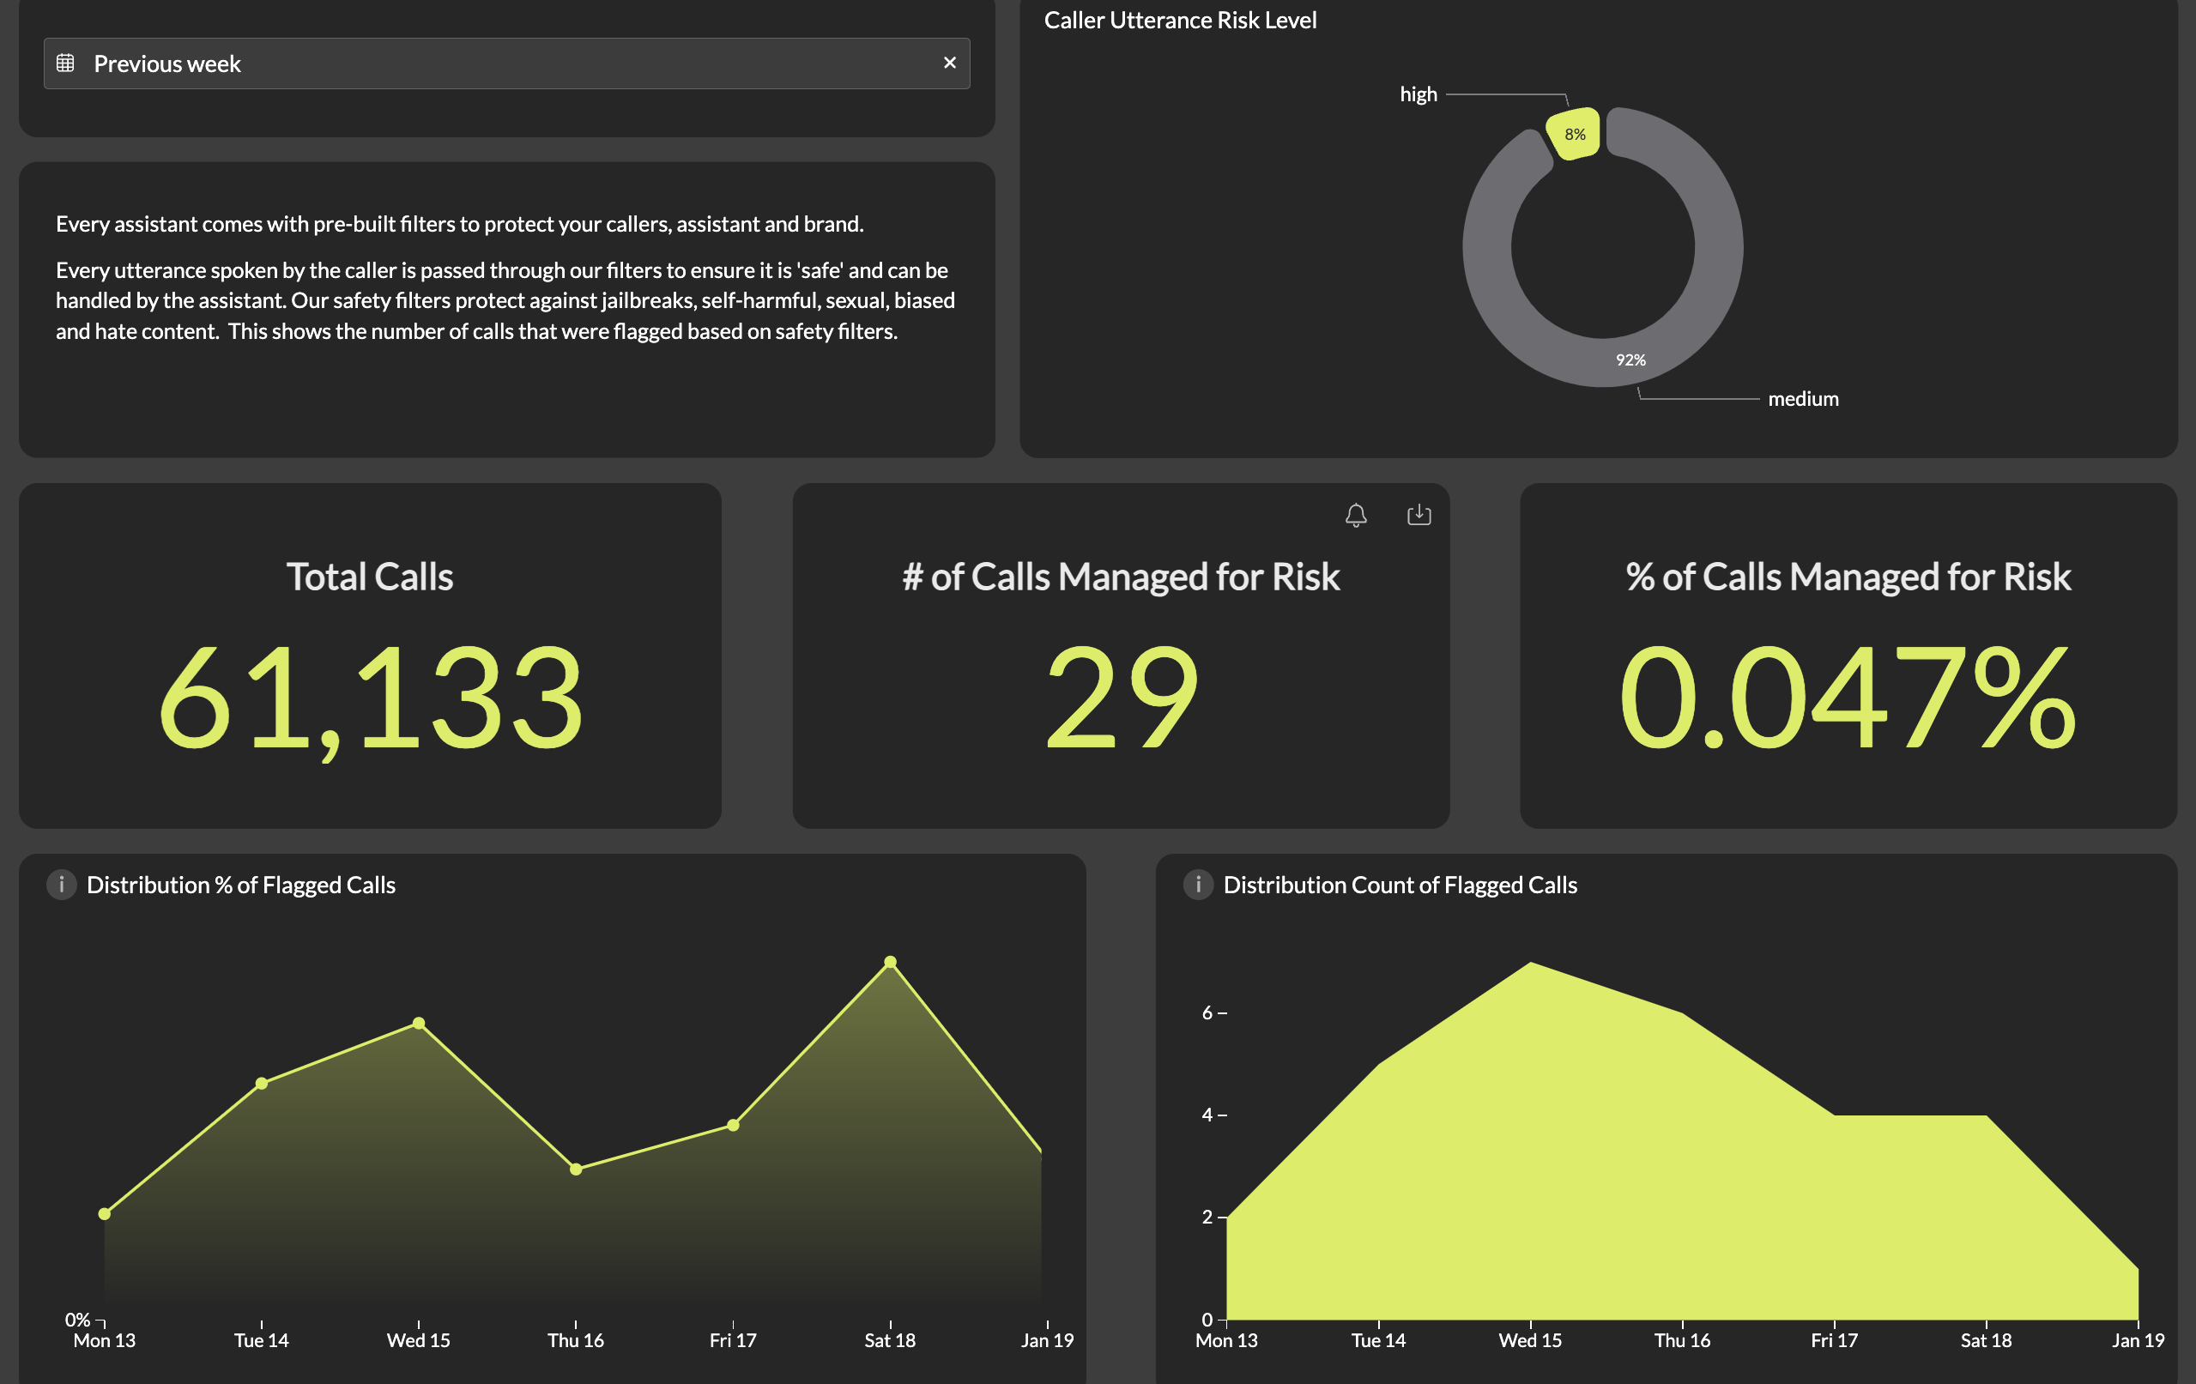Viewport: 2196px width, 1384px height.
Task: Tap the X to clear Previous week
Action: pyautogui.click(x=949, y=63)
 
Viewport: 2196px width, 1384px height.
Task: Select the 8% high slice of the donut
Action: pyautogui.click(x=1574, y=134)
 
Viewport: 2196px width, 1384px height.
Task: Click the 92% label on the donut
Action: pyautogui.click(x=1630, y=360)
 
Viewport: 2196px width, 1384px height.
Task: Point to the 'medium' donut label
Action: pyautogui.click(x=1803, y=399)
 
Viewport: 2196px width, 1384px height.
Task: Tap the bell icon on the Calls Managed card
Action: pyautogui.click(x=1356, y=515)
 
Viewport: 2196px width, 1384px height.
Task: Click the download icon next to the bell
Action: pyautogui.click(x=1419, y=515)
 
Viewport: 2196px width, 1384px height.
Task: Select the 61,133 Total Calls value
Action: pyautogui.click(x=370, y=698)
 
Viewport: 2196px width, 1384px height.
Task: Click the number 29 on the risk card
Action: pyautogui.click(x=1121, y=698)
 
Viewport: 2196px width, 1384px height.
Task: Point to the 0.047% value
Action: pyautogui.click(x=1848, y=698)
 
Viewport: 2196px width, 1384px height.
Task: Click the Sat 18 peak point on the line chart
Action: pyautogui.click(x=890, y=962)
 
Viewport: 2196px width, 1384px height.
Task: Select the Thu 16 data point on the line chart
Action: pyautogui.click(x=576, y=1169)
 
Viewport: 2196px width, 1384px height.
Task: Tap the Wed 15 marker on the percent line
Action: pyautogui.click(x=419, y=1023)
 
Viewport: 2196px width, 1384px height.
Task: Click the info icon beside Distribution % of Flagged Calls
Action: pyautogui.click(x=61, y=885)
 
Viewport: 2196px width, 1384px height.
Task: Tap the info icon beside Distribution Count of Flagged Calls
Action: pyautogui.click(x=1198, y=885)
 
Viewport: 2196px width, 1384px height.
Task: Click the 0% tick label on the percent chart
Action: pyautogui.click(x=77, y=1320)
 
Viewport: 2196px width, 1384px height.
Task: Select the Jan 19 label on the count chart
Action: pyautogui.click(x=2138, y=1340)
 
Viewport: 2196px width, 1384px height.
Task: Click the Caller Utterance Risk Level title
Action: pyautogui.click(x=1180, y=20)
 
